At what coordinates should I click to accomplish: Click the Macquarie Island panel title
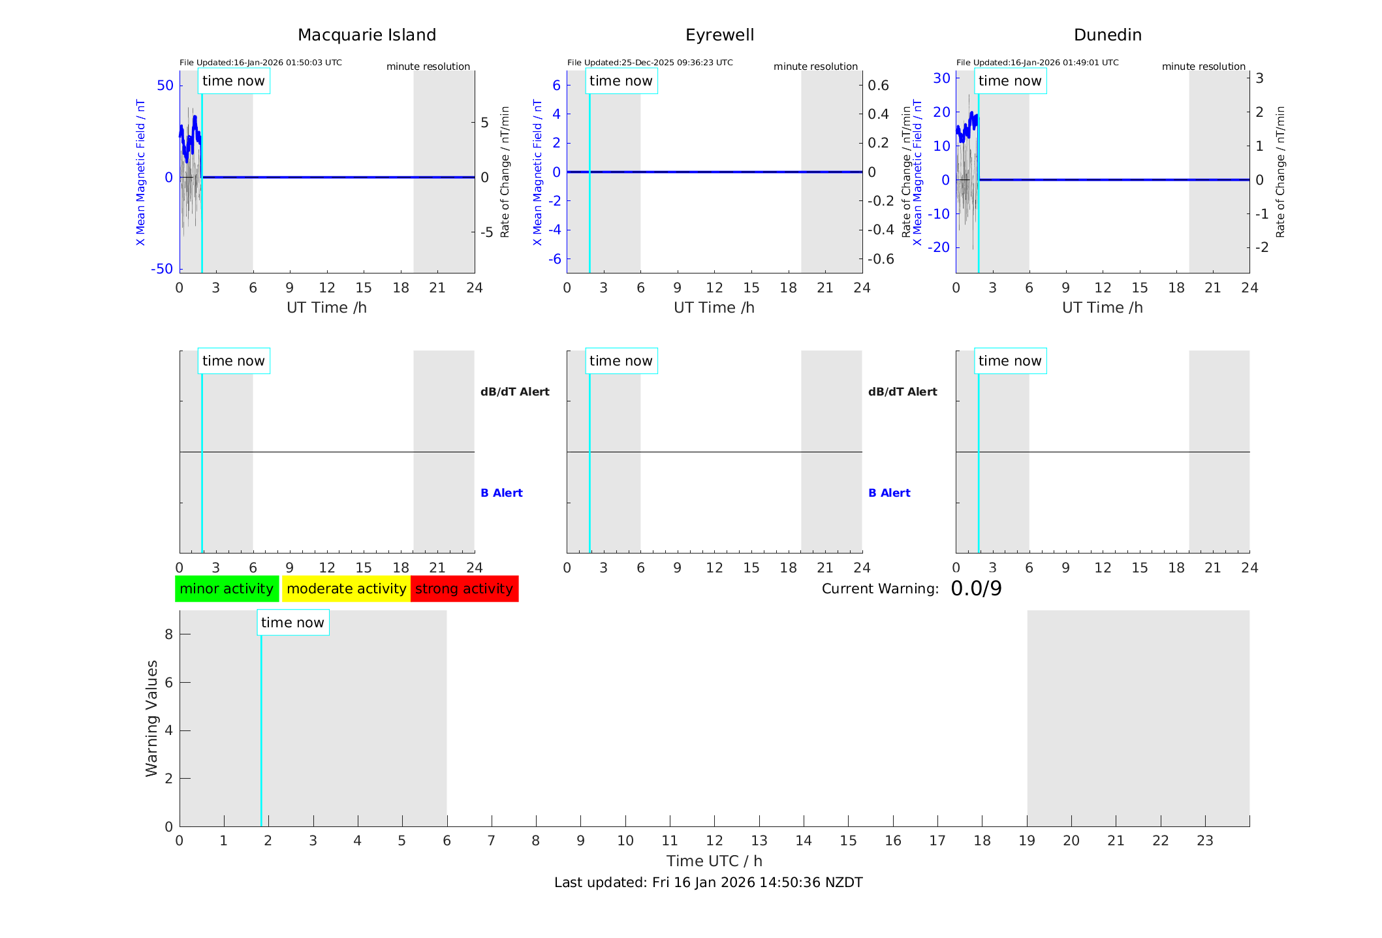coord(367,35)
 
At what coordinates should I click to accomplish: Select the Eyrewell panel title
coord(719,35)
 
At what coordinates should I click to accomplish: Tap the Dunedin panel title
coord(1107,35)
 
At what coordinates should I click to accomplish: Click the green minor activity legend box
coord(227,589)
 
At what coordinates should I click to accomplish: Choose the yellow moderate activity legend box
coord(346,589)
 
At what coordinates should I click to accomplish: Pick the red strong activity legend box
coord(464,589)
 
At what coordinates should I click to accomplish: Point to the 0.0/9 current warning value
coord(976,589)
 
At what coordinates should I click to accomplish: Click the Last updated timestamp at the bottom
coord(708,883)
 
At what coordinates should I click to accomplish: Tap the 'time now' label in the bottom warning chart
coord(292,623)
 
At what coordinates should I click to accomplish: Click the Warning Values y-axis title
coord(151,718)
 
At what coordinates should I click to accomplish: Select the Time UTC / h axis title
coord(714,861)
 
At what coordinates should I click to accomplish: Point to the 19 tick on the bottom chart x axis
coord(1027,841)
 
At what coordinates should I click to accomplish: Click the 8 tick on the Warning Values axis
coord(168,634)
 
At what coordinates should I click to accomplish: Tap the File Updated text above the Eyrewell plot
coord(650,63)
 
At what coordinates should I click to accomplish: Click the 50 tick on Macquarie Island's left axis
coord(165,86)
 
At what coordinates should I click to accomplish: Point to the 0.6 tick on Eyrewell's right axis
coord(878,86)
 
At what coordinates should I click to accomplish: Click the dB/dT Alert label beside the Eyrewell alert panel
coord(902,392)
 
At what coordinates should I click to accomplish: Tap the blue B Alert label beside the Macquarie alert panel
coord(501,493)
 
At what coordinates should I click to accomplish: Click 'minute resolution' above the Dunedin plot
coord(1203,67)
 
